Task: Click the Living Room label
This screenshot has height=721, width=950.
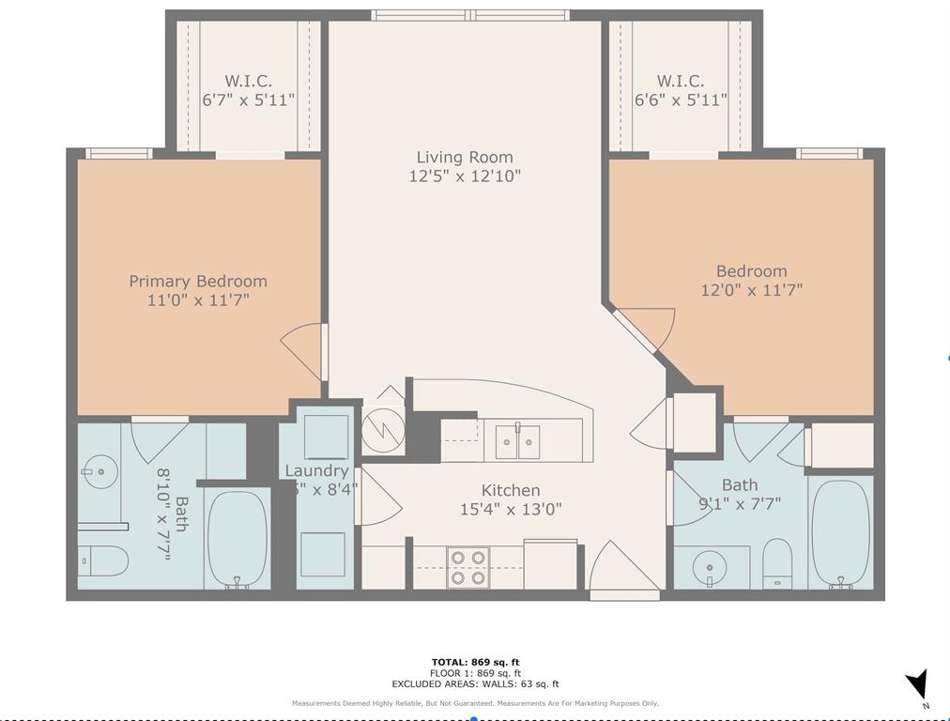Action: click(x=465, y=157)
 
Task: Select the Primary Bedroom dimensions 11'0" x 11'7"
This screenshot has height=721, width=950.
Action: click(x=197, y=300)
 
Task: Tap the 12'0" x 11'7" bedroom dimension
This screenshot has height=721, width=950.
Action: click(x=751, y=291)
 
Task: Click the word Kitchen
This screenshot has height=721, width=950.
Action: click(x=510, y=490)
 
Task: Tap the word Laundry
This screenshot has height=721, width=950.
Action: click(x=316, y=470)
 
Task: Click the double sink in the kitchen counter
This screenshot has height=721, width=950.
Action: click(x=517, y=440)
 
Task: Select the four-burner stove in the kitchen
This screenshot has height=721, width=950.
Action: click(x=467, y=567)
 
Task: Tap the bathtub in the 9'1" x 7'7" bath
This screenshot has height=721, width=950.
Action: click(x=840, y=533)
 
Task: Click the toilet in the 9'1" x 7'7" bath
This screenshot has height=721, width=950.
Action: click(x=777, y=562)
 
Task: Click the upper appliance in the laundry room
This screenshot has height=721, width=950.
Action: click(x=326, y=436)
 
